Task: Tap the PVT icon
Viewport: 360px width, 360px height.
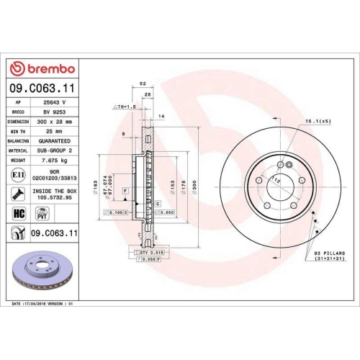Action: [x=41, y=214]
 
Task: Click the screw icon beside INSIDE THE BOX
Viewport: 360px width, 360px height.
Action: [x=17, y=193]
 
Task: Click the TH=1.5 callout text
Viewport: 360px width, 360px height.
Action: [x=124, y=106]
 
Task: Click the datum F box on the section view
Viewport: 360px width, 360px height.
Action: [x=125, y=189]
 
